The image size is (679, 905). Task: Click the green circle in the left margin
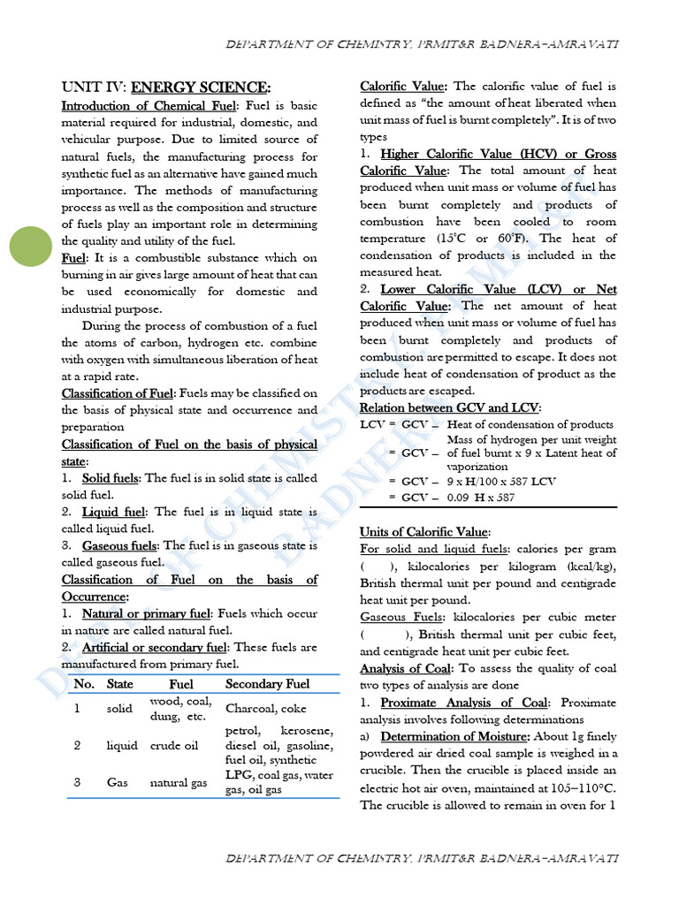(32, 245)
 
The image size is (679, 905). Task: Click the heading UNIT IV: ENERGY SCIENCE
(165, 87)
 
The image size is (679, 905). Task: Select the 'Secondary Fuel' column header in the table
(267, 684)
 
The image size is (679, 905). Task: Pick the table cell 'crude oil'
(173, 745)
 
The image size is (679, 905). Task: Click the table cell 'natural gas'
(178, 782)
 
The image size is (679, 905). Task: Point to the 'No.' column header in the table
(84, 684)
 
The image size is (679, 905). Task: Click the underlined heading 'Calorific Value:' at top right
(404, 87)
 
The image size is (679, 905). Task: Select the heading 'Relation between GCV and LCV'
(449, 407)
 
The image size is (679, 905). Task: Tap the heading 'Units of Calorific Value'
(423, 532)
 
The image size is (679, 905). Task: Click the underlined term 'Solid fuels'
(111, 478)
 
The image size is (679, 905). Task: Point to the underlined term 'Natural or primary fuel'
(147, 613)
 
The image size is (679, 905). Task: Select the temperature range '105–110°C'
(579, 787)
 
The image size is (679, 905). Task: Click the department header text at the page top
(423, 43)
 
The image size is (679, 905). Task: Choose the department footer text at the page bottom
(423, 858)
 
